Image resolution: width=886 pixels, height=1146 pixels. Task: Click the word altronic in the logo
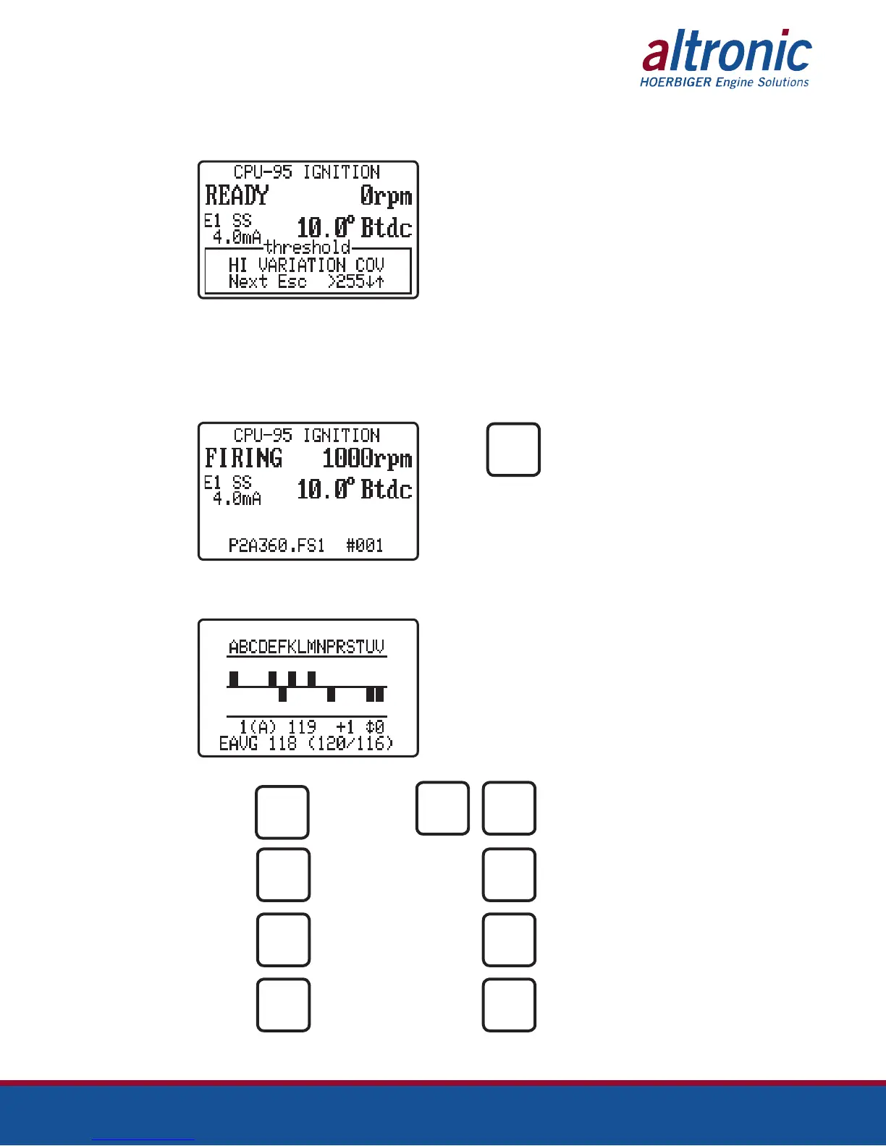[x=727, y=52]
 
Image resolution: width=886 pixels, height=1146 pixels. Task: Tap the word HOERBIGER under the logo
[x=675, y=82]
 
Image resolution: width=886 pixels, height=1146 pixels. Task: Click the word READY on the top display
[x=237, y=195]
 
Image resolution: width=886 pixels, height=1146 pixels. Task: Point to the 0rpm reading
[x=386, y=196]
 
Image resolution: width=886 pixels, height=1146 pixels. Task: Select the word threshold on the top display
[x=307, y=247]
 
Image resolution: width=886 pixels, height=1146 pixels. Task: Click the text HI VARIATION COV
[x=306, y=265]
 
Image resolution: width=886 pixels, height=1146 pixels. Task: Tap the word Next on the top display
[x=248, y=281]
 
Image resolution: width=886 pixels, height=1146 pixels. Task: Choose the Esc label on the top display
[x=292, y=281]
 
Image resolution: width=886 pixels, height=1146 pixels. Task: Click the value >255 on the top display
[x=345, y=281]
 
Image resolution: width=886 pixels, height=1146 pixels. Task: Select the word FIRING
[x=243, y=458]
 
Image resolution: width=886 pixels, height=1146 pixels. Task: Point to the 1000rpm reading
[x=367, y=459]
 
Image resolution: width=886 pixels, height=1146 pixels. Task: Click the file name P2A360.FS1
[x=277, y=546]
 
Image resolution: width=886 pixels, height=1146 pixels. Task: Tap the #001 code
[x=364, y=546]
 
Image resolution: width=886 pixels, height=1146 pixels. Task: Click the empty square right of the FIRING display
[x=513, y=449]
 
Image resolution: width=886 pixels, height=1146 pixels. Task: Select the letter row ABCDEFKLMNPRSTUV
[x=306, y=647]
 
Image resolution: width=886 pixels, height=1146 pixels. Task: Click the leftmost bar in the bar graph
[x=234, y=679]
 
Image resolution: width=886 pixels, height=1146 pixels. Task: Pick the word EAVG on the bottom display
[x=238, y=744]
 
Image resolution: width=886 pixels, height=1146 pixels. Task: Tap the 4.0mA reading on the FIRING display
[x=237, y=498]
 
